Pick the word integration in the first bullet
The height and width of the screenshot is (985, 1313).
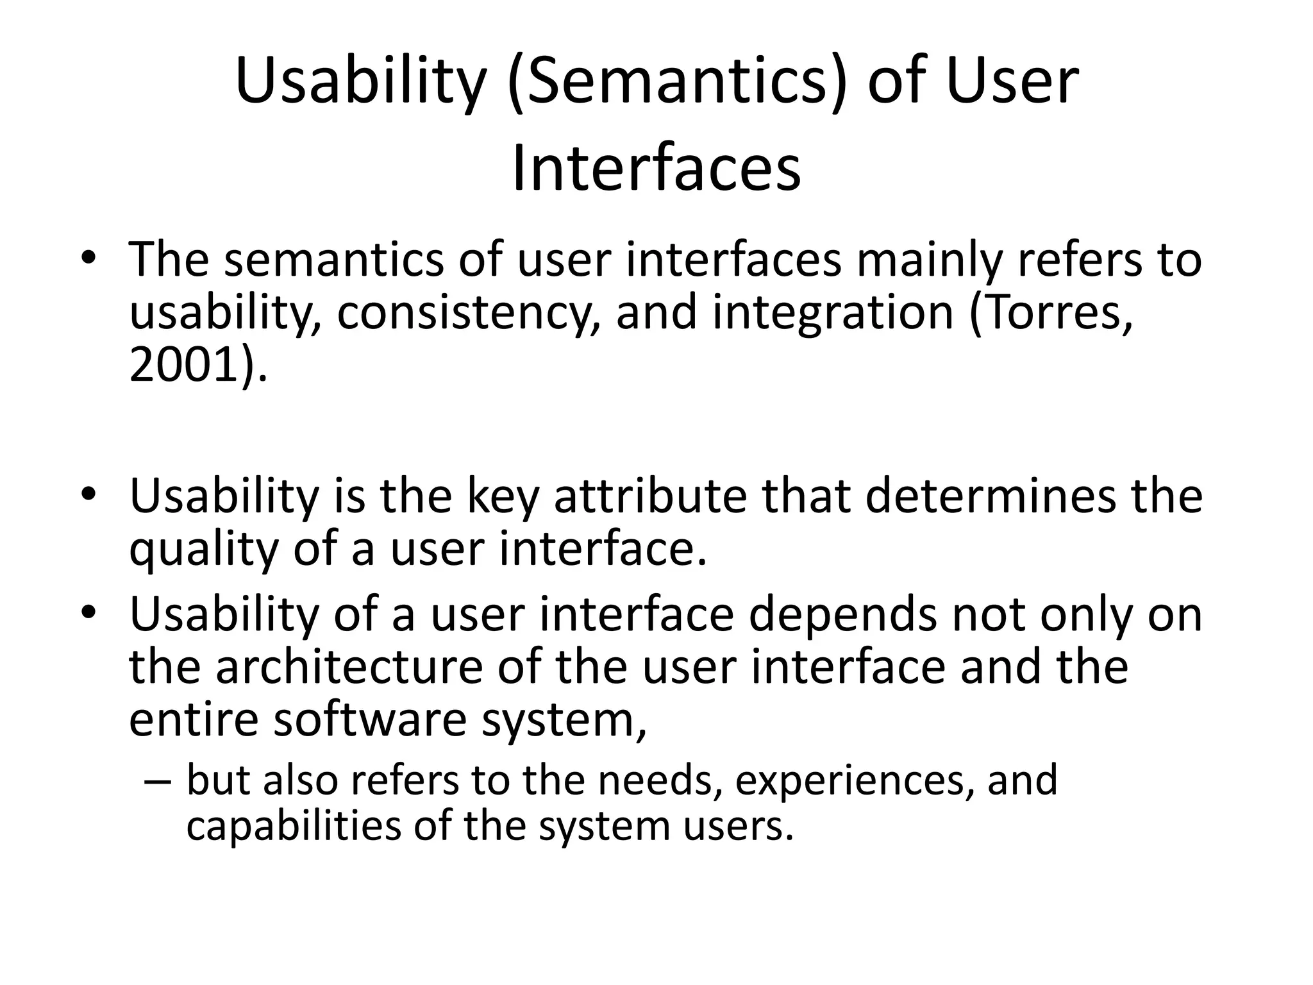coord(833,314)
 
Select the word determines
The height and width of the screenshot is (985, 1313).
coord(991,496)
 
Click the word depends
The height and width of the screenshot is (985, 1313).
coord(842,614)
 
